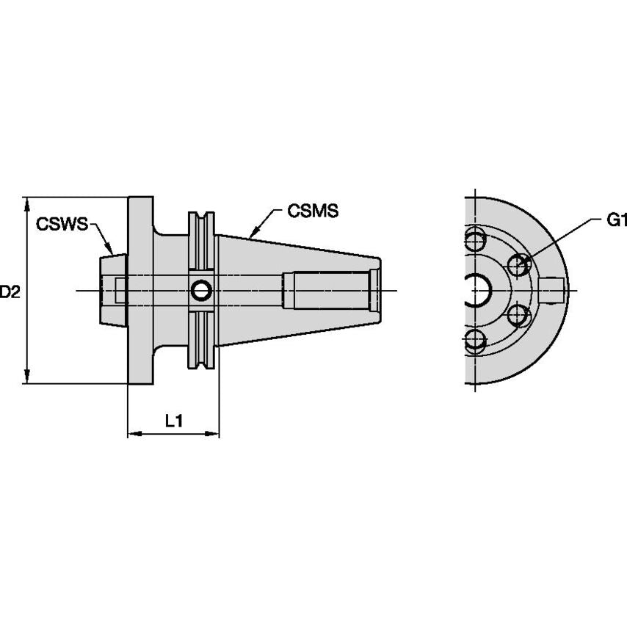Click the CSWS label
[62, 223]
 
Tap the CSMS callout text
[313, 211]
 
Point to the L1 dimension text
[173, 421]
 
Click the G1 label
[617, 220]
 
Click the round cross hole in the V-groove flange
[200, 291]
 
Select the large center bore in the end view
[478, 291]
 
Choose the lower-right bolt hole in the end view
[519, 316]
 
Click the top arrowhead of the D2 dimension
[28, 202]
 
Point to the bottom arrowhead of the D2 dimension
[28, 377]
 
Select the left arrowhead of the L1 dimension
[133, 434]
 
